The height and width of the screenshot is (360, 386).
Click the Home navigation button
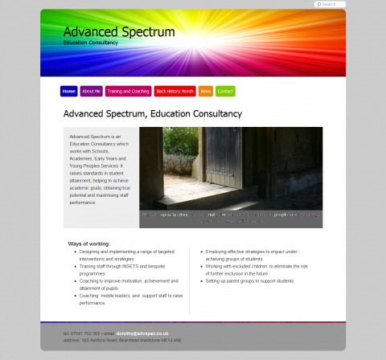68,92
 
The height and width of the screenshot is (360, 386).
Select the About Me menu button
91,92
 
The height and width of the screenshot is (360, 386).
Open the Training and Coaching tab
128,92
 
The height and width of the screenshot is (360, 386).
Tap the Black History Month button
175,92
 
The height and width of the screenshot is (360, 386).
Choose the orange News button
206,92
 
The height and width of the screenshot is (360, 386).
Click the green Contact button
225,92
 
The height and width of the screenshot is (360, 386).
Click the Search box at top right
331,5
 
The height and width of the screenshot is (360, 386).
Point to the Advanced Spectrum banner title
119,32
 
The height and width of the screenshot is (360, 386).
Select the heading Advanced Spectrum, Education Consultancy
152,114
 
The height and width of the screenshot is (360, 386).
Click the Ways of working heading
88,243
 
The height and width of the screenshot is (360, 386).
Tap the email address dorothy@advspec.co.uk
142,333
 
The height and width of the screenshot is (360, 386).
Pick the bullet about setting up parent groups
249,281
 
